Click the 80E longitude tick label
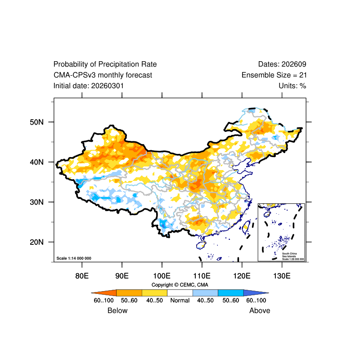tap(81, 275)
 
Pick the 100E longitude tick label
tap(162, 275)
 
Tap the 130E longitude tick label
tap(282, 275)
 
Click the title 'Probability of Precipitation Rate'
tap(105, 64)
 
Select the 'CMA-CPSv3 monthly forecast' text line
tap(103, 75)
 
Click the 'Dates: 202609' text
tap(282, 64)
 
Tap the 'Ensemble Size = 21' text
tap(274, 75)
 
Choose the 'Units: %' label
tap(292, 85)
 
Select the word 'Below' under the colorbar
tap(117, 310)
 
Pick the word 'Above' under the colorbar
tap(260, 310)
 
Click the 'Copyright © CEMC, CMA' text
tap(180, 285)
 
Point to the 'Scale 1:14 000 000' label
tap(74, 258)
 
